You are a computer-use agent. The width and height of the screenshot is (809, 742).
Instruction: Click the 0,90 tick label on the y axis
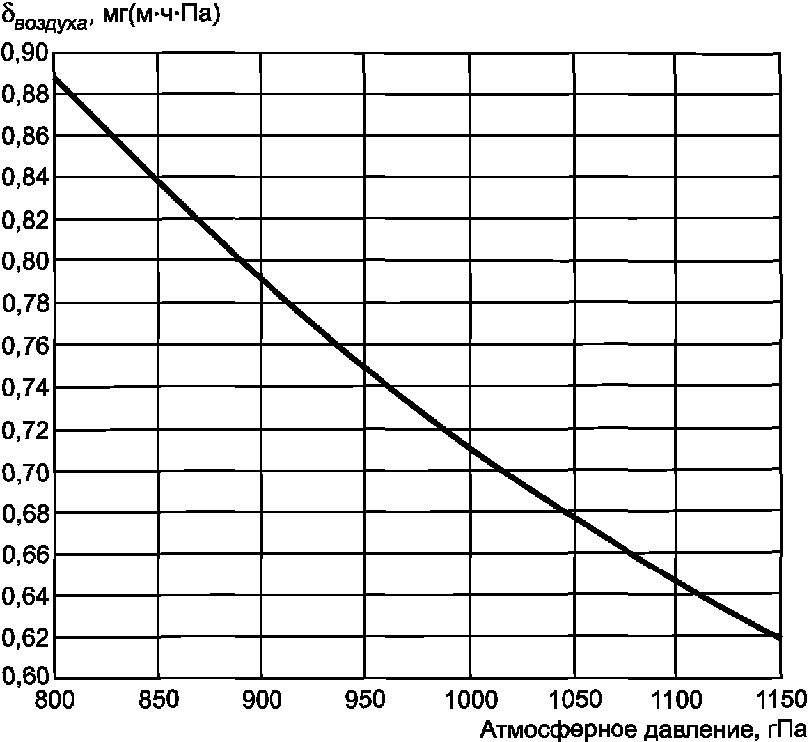click(x=25, y=53)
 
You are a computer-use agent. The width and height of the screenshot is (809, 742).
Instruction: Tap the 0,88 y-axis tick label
click(x=25, y=95)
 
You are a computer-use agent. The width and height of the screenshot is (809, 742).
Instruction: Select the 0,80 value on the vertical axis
click(x=25, y=261)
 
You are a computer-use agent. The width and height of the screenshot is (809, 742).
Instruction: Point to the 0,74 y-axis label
click(x=25, y=387)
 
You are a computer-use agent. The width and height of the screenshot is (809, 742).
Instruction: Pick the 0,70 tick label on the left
click(x=25, y=472)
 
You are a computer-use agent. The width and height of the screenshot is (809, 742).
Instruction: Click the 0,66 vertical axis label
click(x=25, y=555)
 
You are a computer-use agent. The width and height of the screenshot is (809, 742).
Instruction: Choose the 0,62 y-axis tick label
click(x=25, y=640)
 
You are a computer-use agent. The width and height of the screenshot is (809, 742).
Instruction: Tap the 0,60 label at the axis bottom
click(x=25, y=675)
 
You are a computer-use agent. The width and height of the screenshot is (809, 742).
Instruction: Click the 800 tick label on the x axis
click(x=55, y=700)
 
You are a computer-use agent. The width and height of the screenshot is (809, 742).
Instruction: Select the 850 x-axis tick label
click(x=158, y=700)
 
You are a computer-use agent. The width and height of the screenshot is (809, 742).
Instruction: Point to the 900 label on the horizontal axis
click(x=262, y=700)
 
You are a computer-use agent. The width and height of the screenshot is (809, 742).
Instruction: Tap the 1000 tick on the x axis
click(x=470, y=700)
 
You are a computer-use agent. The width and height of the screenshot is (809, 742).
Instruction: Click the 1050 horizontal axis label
click(x=574, y=700)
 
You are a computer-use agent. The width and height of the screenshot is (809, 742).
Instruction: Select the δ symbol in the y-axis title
click(x=8, y=15)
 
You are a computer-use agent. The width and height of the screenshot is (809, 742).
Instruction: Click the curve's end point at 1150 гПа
click(x=780, y=637)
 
